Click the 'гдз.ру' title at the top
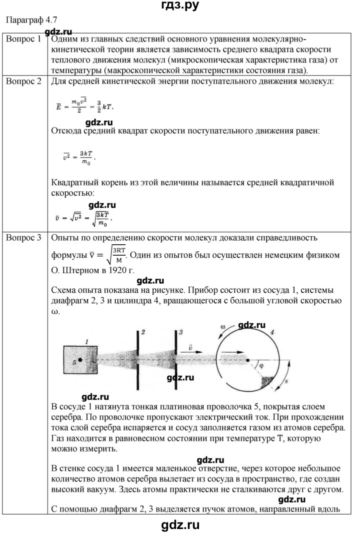[180, 6]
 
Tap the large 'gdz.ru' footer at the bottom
[180, 524]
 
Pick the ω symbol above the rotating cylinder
[223, 327]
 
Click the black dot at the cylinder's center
[248, 360]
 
